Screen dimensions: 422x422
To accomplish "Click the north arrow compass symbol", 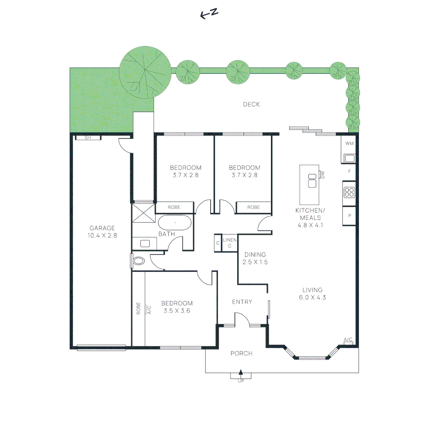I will (209, 14).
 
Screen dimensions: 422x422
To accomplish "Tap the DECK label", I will (251, 104).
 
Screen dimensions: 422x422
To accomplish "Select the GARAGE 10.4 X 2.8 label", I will (102, 232).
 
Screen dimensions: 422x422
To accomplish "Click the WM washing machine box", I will (349, 143).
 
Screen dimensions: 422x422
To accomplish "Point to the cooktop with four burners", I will (349, 192).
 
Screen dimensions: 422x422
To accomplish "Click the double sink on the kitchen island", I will (312, 181).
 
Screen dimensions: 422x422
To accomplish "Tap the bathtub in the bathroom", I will (174, 223).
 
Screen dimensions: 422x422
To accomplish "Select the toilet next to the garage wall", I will (138, 261).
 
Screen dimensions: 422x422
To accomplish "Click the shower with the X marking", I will (143, 212).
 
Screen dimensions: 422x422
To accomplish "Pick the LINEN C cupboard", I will (230, 243).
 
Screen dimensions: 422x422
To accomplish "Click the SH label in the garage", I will (88, 137).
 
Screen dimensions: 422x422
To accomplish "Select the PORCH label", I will (241, 354).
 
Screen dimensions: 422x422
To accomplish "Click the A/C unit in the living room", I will (348, 341).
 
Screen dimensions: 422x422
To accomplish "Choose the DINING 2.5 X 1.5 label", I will (255, 258).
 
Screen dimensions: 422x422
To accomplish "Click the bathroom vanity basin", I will (145, 243).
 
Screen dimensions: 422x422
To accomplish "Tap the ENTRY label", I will (242, 302).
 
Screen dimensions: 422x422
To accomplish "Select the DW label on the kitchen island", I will (323, 175).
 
